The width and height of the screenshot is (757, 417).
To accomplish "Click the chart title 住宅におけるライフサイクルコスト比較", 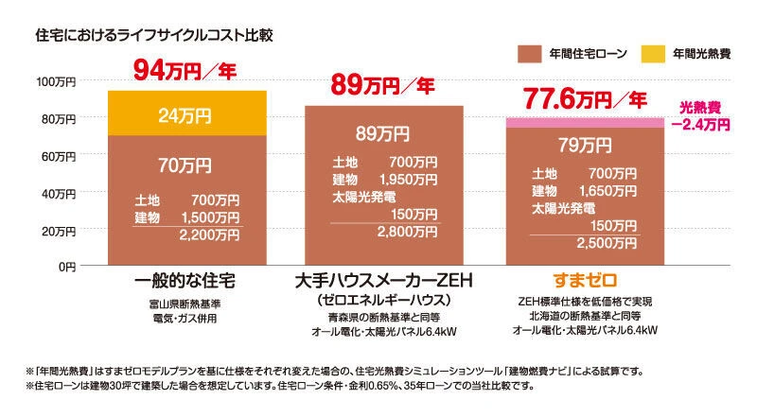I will tap(153, 37).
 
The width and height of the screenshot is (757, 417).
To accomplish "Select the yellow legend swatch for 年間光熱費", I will tap(652, 54).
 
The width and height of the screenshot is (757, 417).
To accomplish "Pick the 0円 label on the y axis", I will tap(65, 268).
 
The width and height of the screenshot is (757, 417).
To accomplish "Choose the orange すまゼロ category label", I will tap(584, 282).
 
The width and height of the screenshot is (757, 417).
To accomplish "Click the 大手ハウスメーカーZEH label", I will tap(382, 282).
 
